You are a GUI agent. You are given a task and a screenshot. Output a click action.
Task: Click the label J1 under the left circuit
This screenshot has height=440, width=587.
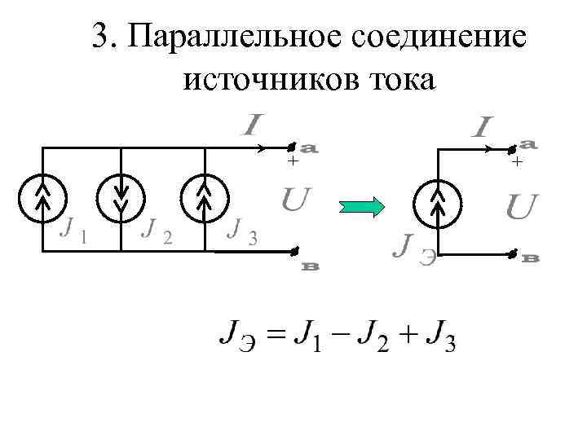[x=75, y=235]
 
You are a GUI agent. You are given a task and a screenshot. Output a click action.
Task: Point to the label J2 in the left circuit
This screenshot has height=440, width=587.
[x=156, y=234]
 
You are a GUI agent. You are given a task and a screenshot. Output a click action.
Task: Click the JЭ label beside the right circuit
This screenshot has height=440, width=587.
[x=413, y=247]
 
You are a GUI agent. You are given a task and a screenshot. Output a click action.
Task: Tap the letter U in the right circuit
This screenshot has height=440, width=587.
[x=522, y=209]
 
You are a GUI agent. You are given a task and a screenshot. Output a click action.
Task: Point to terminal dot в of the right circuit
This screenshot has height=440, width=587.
[x=513, y=254]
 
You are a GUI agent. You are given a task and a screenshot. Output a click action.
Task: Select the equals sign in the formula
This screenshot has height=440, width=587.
[x=277, y=336]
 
